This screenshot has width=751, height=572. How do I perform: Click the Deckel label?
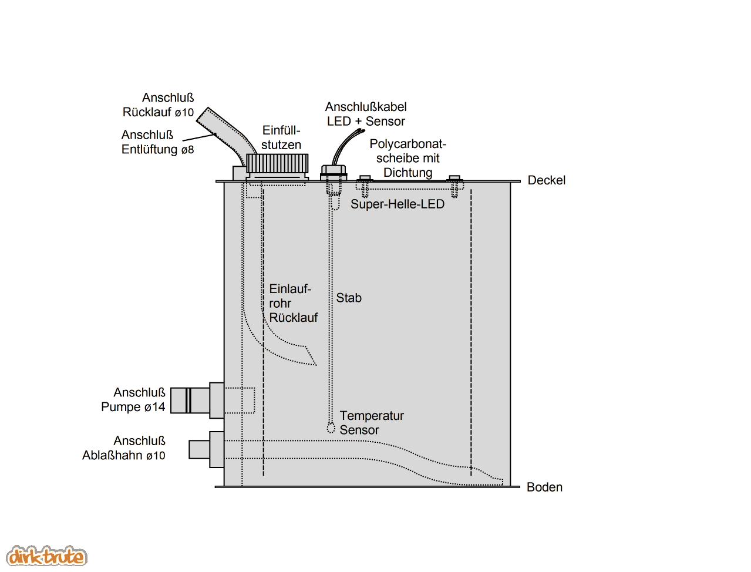click(x=546, y=180)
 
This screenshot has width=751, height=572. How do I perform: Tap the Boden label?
click(x=544, y=487)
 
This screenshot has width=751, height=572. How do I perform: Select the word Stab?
click(x=349, y=298)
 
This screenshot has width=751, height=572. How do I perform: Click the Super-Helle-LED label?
click(x=398, y=204)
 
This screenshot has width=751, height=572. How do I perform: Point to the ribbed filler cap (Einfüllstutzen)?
click(x=277, y=163)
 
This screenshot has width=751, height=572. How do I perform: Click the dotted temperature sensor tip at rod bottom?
click(x=331, y=427)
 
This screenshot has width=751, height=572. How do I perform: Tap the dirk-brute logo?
click(x=46, y=556)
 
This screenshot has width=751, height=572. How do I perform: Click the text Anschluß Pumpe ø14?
click(x=134, y=400)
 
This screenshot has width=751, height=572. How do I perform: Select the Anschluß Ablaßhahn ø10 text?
click(x=124, y=448)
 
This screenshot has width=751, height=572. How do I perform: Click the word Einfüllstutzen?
click(x=281, y=137)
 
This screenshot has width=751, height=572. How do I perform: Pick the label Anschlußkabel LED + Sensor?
click(x=366, y=114)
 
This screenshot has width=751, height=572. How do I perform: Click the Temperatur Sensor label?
click(x=371, y=423)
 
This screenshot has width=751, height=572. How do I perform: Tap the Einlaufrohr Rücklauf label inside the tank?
click(x=292, y=303)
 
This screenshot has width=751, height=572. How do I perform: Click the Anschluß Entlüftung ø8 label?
click(x=157, y=142)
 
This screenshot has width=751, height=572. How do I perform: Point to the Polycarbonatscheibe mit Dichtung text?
click(x=408, y=158)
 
